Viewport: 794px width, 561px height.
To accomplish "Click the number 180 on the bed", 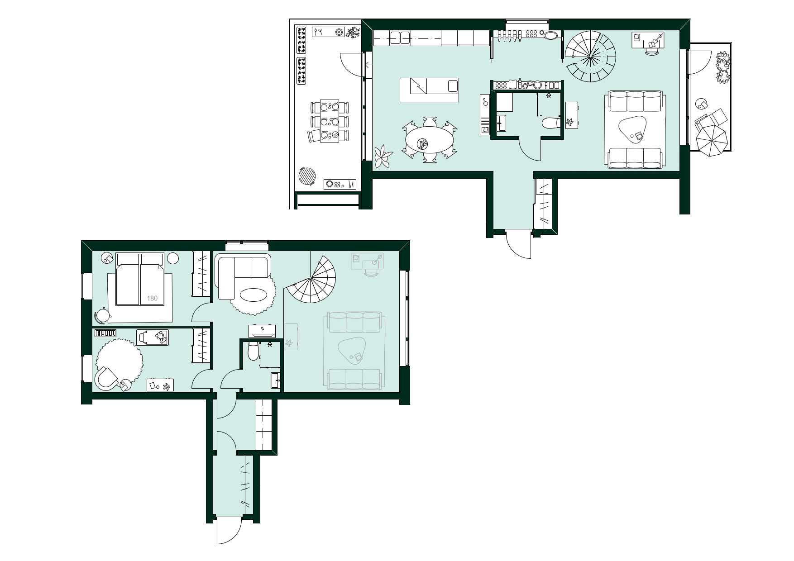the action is [x=153, y=298].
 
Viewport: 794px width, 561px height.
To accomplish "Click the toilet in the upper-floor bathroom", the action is [x=551, y=123].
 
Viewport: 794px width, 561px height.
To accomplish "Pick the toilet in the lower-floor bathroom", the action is [x=254, y=351].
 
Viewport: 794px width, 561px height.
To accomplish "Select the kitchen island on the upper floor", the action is [x=429, y=89].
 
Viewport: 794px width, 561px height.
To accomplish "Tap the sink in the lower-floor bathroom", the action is [x=276, y=380].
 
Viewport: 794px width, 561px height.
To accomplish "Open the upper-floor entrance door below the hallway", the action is [x=518, y=244].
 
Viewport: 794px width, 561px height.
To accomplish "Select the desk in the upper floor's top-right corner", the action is [x=648, y=41].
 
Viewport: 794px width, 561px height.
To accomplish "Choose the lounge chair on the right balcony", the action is [x=710, y=120].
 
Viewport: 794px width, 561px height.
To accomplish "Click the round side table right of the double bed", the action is [x=173, y=259].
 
